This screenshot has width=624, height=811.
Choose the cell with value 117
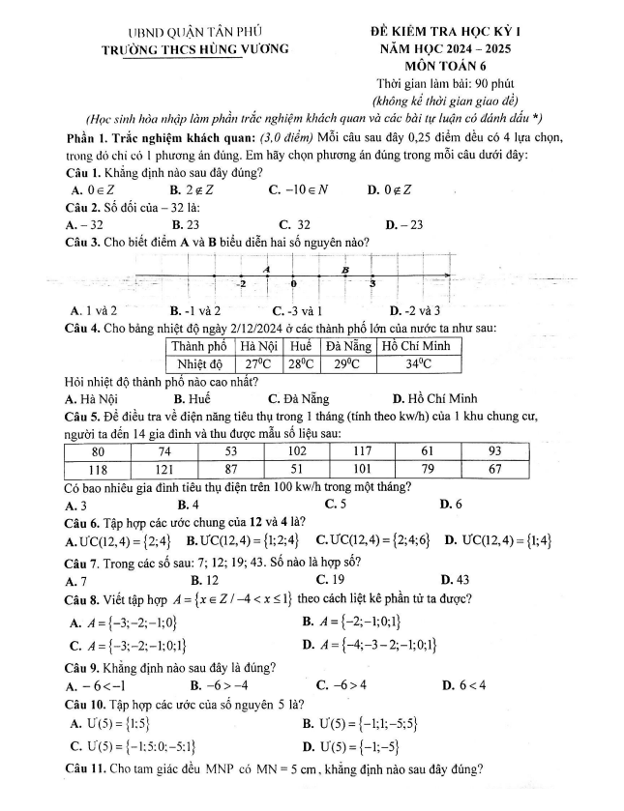364,451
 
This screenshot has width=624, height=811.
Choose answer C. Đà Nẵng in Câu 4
299,397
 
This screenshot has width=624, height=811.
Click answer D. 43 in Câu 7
454,580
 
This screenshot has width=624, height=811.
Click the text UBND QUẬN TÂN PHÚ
196,31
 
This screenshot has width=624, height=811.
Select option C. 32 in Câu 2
285,224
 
